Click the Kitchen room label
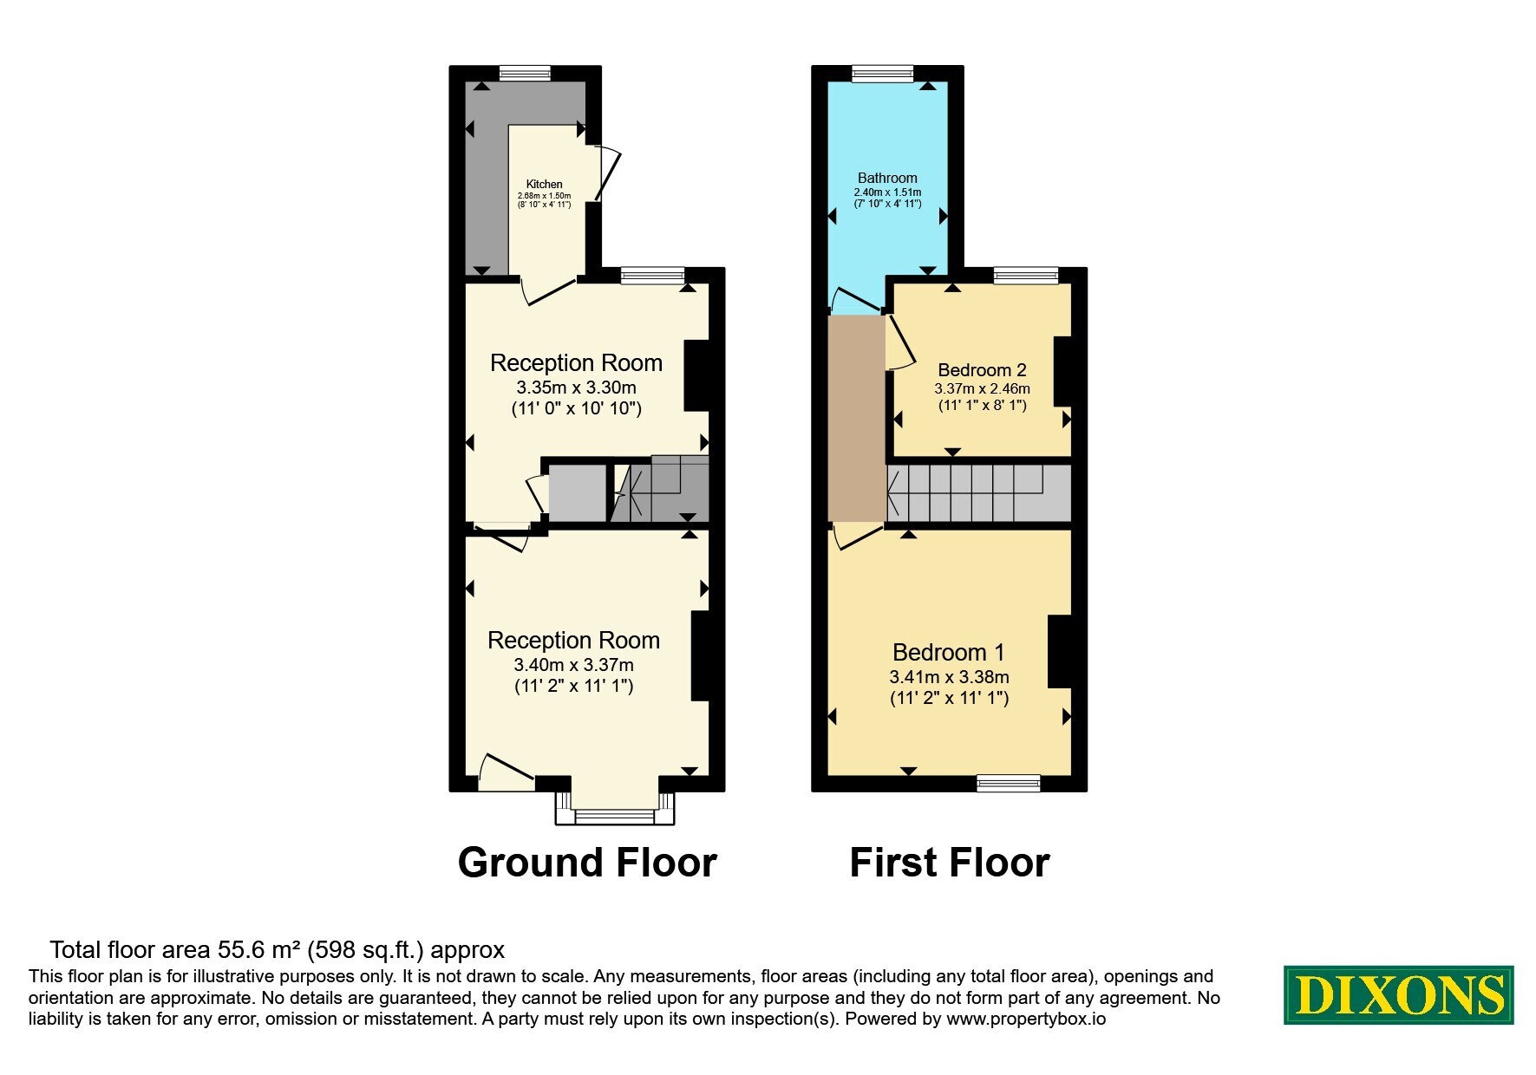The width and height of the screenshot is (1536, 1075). (545, 184)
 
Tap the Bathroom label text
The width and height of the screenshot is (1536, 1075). (887, 178)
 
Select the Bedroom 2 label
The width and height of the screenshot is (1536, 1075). (982, 370)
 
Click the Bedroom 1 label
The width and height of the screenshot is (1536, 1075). (949, 652)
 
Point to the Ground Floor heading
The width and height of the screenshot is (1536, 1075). (587, 863)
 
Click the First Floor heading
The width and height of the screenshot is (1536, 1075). (950, 863)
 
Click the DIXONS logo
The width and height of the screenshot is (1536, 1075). (1399, 995)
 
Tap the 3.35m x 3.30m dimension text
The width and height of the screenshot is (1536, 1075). (576, 388)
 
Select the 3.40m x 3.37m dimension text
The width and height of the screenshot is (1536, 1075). (573, 665)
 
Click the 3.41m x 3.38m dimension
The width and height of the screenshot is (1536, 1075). (949, 677)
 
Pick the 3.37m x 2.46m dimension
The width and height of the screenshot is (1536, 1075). (982, 389)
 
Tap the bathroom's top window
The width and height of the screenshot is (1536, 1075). (883, 74)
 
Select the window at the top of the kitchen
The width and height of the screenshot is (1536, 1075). (525, 74)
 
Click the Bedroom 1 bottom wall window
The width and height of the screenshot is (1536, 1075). (1008, 783)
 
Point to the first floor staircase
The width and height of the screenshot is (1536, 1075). (978, 494)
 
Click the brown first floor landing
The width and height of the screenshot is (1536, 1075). (857, 419)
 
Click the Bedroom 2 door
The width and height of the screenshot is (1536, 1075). (899, 342)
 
